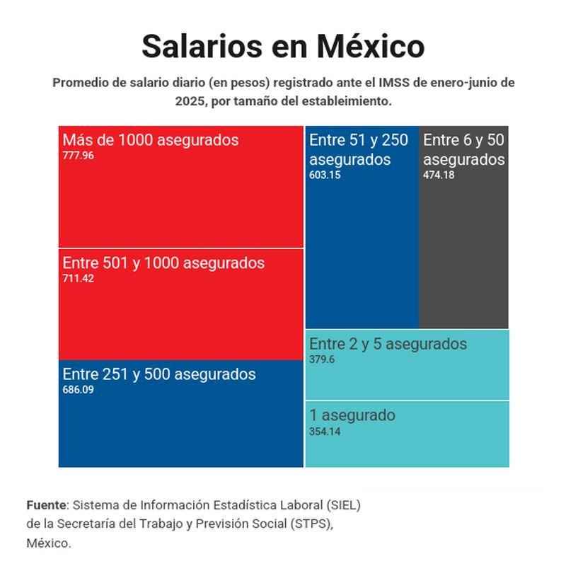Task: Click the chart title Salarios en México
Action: click(283, 46)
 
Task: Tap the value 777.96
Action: click(78, 156)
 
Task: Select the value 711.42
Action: click(78, 279)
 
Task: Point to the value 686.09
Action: click(78, 390)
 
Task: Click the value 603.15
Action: click(325, 175)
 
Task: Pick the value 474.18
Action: click(439, 175)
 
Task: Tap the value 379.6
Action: click(322, 359)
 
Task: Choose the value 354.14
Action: click(325, 432)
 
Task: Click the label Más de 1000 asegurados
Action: click(151, 140)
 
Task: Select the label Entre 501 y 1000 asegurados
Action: click(163, 263)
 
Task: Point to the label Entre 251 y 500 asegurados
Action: click(159, 374)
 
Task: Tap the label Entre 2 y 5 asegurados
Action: click(388, 344)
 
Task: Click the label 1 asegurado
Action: click(352, 415)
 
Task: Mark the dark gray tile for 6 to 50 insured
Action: click(463, 255)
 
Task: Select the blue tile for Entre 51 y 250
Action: click(362, 255)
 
